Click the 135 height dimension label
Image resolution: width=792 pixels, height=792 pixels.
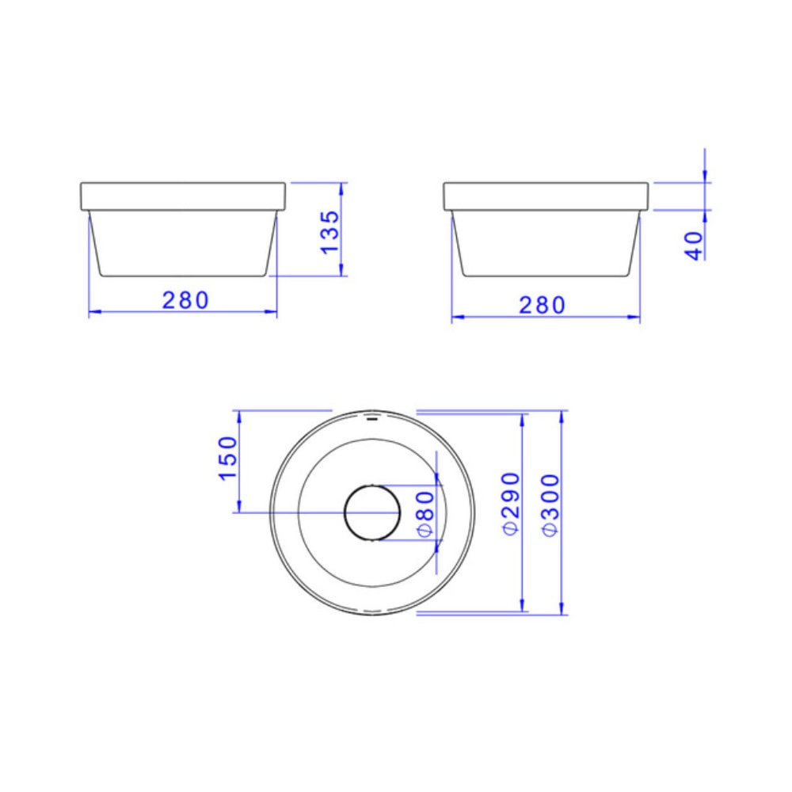point(330,230)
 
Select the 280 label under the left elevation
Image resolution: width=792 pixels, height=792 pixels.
point(186,301)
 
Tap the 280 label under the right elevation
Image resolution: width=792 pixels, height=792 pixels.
point(543,305)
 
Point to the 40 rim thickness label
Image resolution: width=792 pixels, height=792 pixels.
point(695,246)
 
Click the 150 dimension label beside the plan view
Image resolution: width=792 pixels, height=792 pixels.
point(228,458)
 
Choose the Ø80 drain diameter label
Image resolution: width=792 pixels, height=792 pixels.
point(425,514)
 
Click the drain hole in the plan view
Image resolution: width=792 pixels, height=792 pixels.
point(372,512)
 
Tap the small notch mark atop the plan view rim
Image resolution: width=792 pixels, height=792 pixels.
point(372,413)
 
